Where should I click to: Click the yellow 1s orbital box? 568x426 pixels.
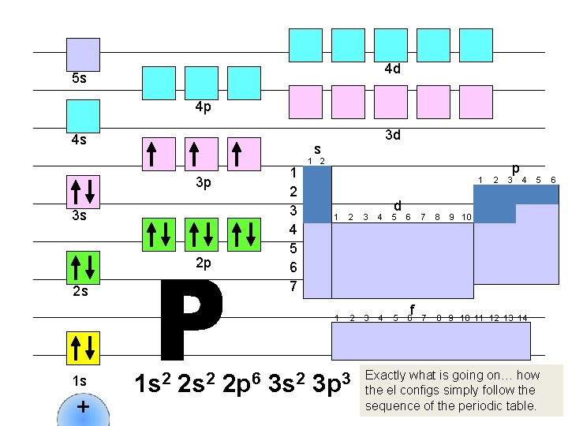[x=83, y=348]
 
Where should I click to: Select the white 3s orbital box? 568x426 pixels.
[x=83, y=192]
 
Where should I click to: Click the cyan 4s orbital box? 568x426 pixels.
[x=83, y=116]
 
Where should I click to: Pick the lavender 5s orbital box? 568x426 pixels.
[x=83, y=54]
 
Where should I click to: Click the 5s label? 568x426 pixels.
[x=79, y=79]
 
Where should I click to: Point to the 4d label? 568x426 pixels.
[x=392, y=69]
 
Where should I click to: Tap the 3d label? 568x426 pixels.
[x=392, y=135]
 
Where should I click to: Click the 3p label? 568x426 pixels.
[x=203, y=184]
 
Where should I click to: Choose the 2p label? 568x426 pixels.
[x=203, y=263]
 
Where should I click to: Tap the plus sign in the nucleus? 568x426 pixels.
[x=83, y=408]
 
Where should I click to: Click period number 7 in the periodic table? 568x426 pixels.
[x=293, y=286]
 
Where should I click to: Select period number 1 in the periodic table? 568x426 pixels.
[x=293, y=173]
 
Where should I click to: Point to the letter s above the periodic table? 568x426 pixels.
[x=317, y=148]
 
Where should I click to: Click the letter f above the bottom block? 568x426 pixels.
[x=412, y=308]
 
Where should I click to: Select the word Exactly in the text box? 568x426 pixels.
[x=387, y=375]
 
